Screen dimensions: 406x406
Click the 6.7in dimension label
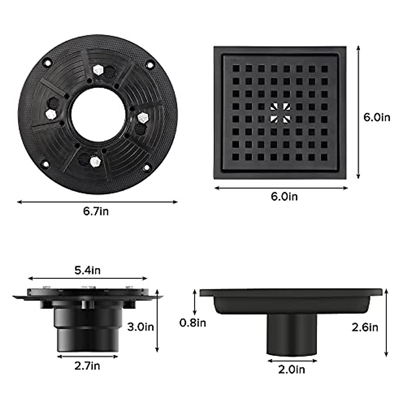[x=96, y=211]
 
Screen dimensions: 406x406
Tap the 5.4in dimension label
[x=87, y=270]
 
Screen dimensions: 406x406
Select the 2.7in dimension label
[x=87, y=366]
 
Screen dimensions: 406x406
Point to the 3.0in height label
[x=140, y=327]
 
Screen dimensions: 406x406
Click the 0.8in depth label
[x=193, y=323]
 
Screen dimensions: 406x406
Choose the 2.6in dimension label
[x=365, y=327]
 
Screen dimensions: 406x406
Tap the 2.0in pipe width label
[x=292, y=369]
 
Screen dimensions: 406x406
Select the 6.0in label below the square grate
[x=284, y=196]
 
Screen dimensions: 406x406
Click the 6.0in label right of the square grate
[x=377, y=117]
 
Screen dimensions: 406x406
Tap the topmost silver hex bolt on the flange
[x=98, y=70]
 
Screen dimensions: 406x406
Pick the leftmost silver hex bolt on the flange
[x=51, y=114]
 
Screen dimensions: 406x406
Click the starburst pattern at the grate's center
[x=280, y=113]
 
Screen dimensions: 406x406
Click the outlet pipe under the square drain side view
[x=292, y=333]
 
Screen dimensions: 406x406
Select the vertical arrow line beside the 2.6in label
[x=387, y=323]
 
